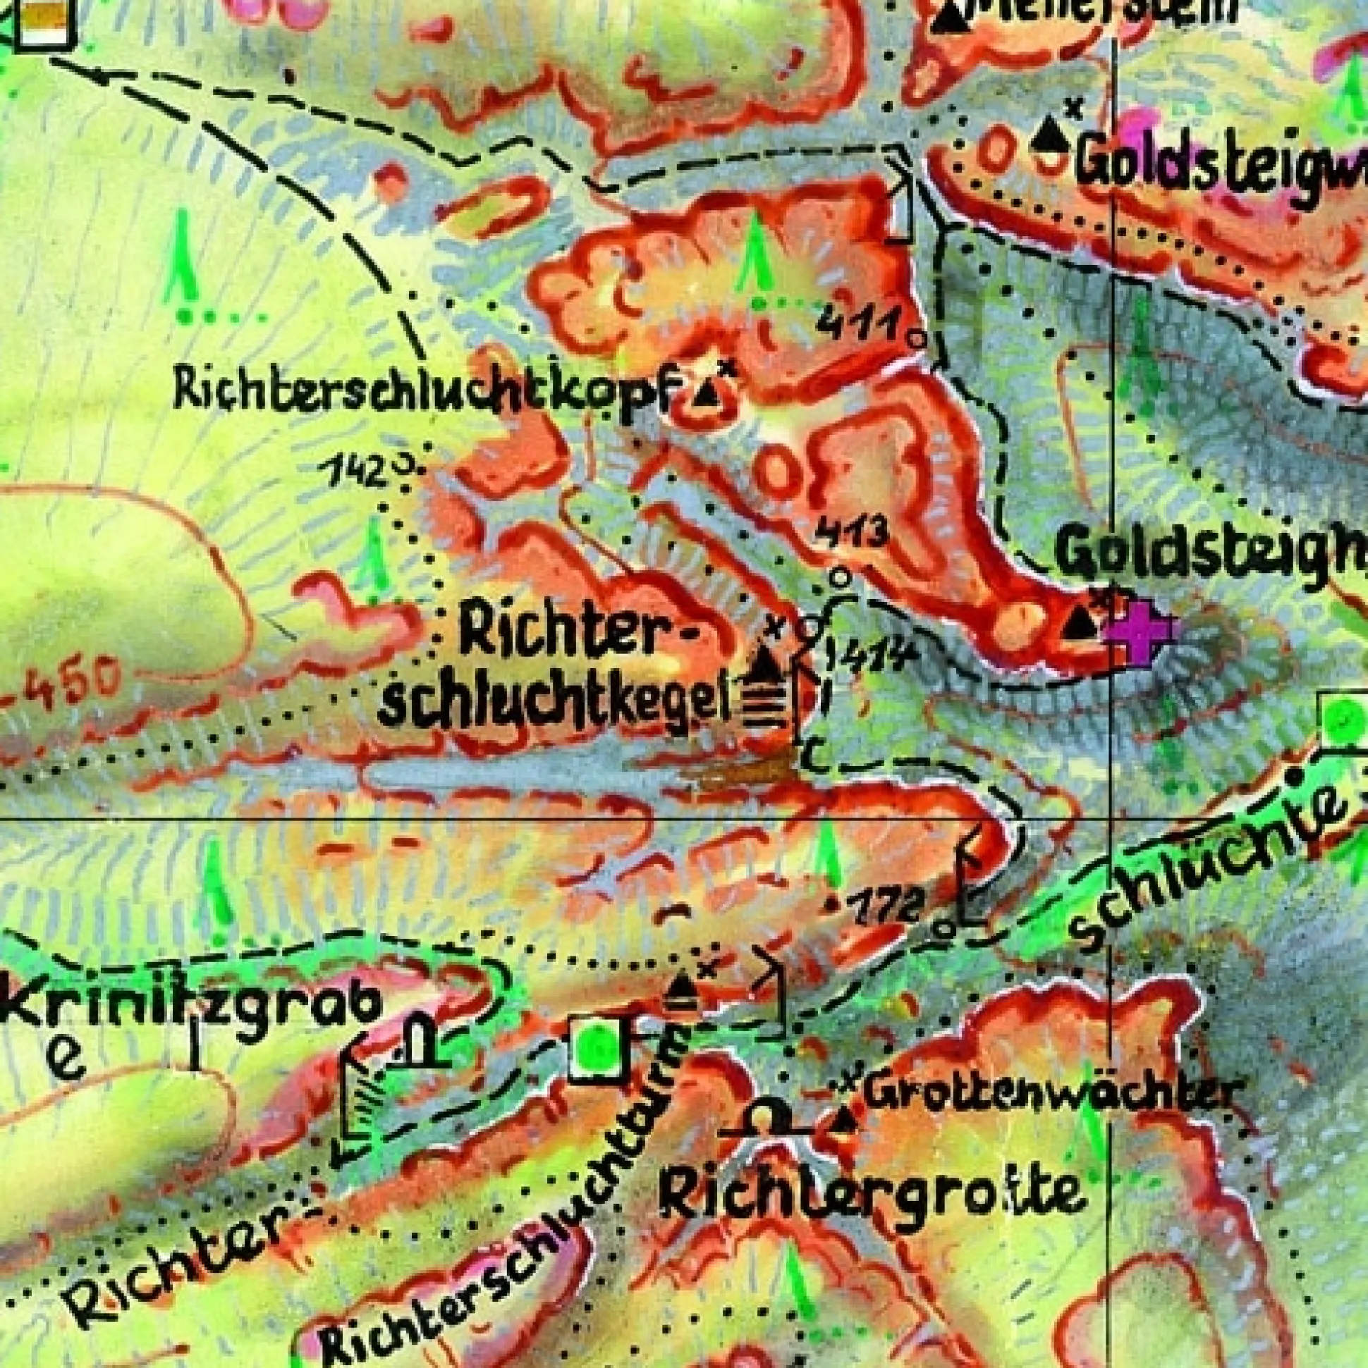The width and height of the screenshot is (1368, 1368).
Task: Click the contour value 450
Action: (56, 683)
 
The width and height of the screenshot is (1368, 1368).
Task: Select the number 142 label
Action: (354, 471)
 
